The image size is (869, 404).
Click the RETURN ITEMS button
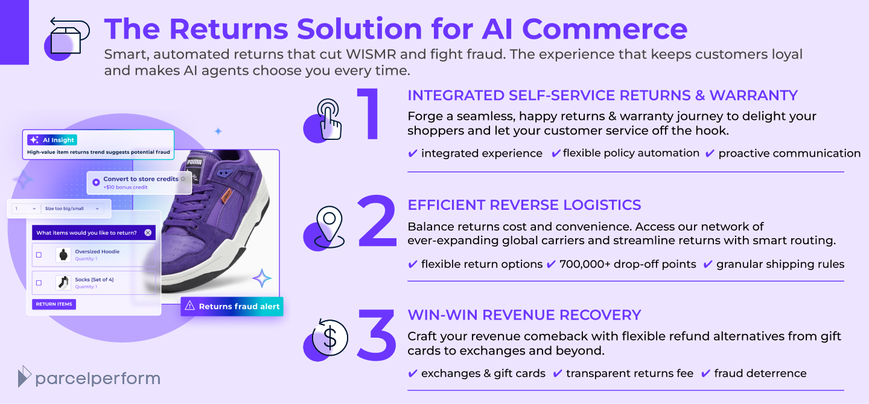(x=54, y=305)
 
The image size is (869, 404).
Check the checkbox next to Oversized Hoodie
(x=39, y=255)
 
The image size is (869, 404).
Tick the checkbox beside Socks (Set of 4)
(x=39, y=283)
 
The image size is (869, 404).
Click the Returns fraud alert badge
(x=232, y=306)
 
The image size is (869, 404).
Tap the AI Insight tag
(x=53, y=140)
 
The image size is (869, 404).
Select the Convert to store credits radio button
(x=96, y=182)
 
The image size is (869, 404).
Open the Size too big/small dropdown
(x=72, y=209)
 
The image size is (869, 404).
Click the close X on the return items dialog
(x=148, y=233)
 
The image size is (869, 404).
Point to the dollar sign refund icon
(x=329, y=338)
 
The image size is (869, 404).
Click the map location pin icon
(x=329, y=225)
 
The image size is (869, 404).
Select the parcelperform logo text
(x=97, y=379)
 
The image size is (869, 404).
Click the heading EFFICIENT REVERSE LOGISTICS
(x=524, y=205)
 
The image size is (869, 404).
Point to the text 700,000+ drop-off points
(x=628, y=264)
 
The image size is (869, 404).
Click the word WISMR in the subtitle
(x=372, y=54)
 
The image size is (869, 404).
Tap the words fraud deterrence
(x=760, y=374)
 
